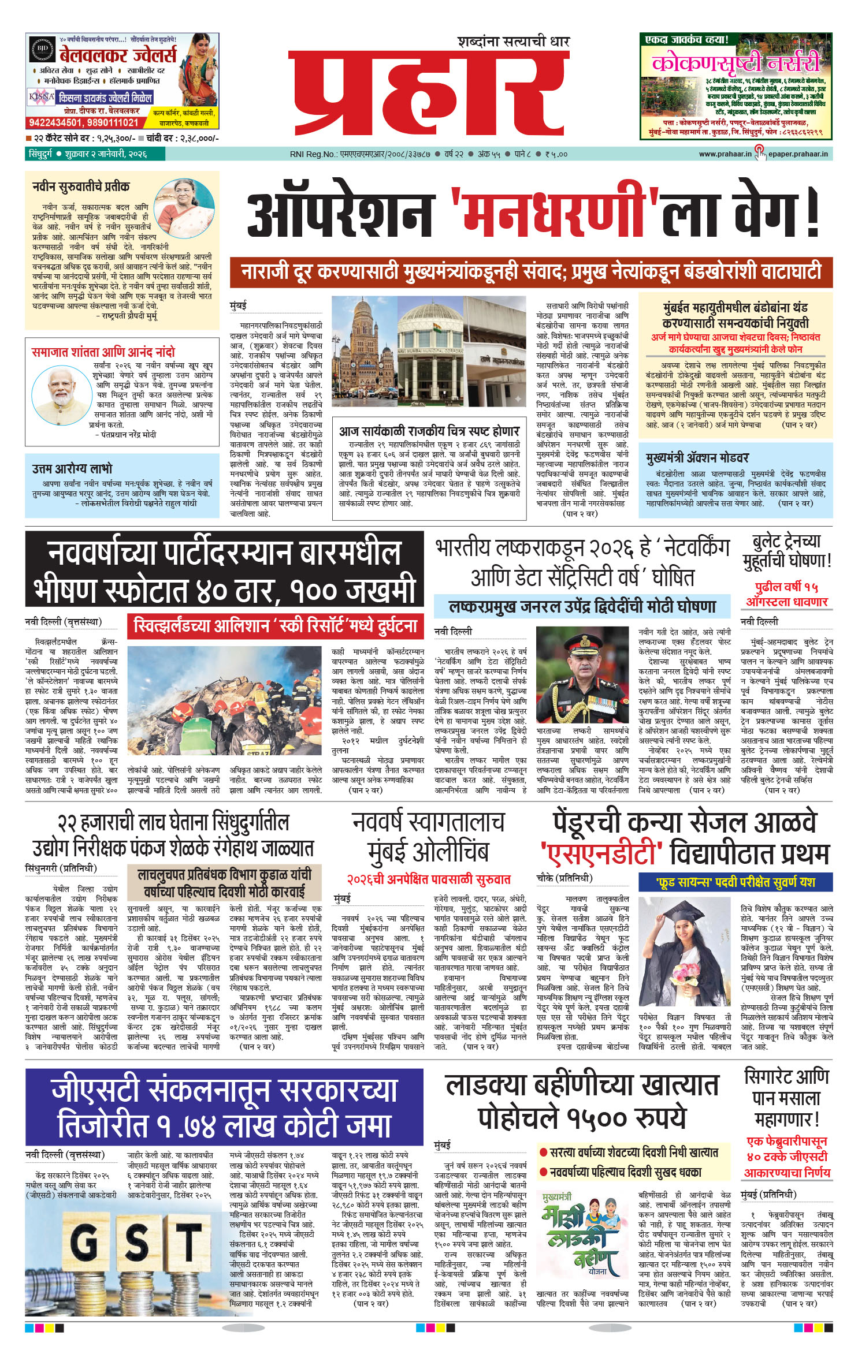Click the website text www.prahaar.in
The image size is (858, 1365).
coord(725,154)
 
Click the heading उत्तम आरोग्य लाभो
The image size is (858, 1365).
coord(72,469)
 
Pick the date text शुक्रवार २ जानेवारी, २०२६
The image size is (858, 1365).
coord(106,154)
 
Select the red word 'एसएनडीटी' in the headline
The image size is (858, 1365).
coord(601,854)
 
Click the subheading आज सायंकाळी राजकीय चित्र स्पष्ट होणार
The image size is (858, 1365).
coord(429,431)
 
